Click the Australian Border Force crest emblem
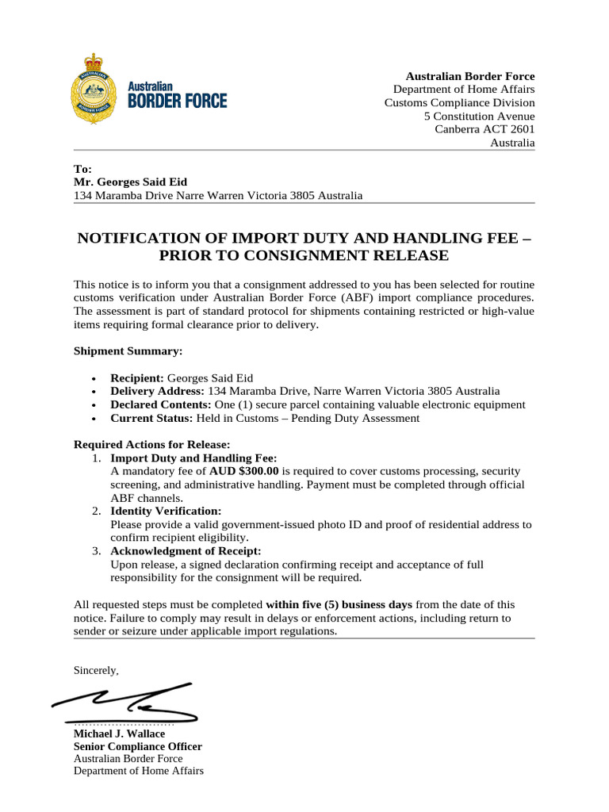[x=97, y=89]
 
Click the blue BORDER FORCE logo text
[x=178, y=101]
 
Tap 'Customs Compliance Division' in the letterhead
[x=459, y=103]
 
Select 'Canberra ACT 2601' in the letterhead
[x=485, y=130]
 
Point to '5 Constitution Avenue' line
[x=479, y=117]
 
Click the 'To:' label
[x=82, y=169]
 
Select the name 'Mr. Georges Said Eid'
[x=130, y=182]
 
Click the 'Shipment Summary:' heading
[x=128, y=350]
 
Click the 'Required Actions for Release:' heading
[x=151, y=444]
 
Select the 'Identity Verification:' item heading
[x=166, y=511]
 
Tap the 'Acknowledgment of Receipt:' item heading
[x=186, y=551]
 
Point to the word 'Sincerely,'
[x=96, y=671]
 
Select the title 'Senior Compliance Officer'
[x=137, y=746]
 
